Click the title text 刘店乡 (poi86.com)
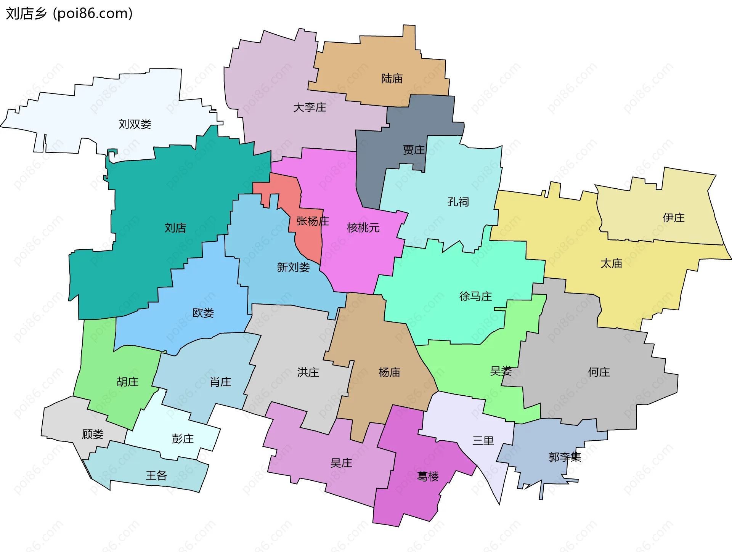(69, 13)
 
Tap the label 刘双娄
(135, 124)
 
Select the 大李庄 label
(310, 108)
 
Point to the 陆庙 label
(392, 79)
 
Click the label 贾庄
(414, 150)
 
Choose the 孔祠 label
(458, 202)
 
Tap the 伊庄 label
(674, 218)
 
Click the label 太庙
(611, 263)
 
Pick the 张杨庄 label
(313, 221)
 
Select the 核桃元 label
(363, 228)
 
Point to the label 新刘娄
(293, 267)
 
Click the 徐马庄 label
(475, 296)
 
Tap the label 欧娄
(203, 313)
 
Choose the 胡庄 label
(127, 382)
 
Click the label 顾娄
(93, 434)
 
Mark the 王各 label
(156, 475)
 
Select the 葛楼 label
(428, 477)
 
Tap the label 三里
(483, 441)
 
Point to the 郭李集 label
(565, 457)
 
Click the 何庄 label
(599, 372)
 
